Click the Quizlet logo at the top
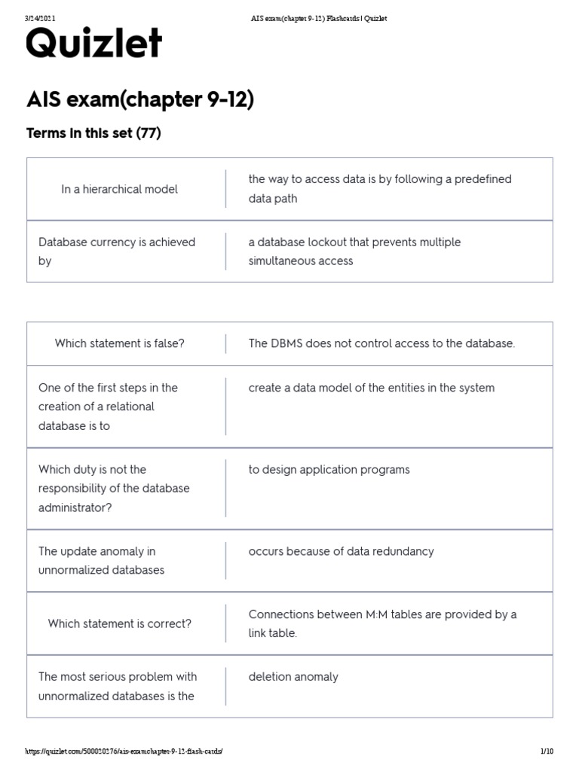(93, 45)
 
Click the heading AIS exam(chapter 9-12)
(139, 99)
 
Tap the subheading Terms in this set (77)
(93, 133)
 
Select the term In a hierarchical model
(119, 189)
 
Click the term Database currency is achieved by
(116, 251)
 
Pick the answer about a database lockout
(354, 251)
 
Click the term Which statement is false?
(119, 343)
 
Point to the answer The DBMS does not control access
(381, 343)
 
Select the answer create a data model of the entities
(371, 388)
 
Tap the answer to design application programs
(329, 470)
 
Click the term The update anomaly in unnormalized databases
(101, 560)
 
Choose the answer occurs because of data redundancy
(341, 551)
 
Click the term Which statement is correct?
(119, 623)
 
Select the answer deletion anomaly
(293, 677)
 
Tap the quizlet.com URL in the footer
(124, 751)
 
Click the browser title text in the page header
(318, 18)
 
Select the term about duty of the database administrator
(114, 488)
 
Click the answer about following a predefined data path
(380, 189)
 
